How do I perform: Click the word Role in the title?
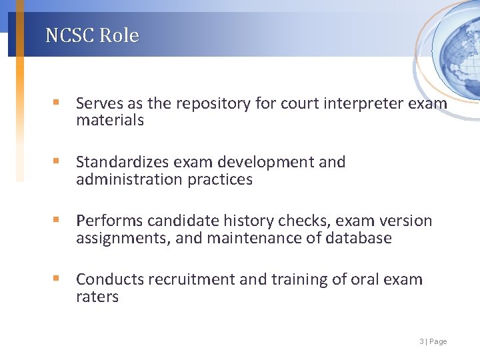[119, 35]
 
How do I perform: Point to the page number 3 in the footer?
[421, 341]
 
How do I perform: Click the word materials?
[109, 121]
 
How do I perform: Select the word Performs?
[109, 221]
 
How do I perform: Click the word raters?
[97, 297]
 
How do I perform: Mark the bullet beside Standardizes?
[58, 162]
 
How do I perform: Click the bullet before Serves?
[58, 103]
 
